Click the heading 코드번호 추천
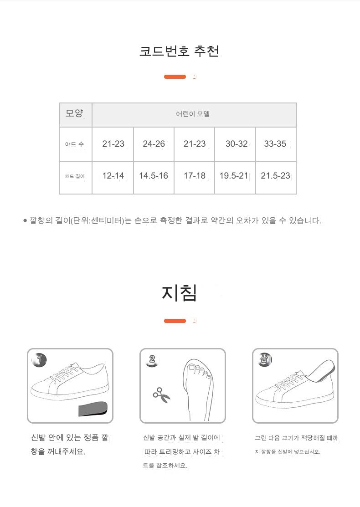click(179, 51)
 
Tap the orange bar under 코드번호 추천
click(175, 77)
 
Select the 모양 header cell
click(75, 115)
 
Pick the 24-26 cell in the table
click(154, 144)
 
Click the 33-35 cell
click(275, 144)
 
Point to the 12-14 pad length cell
click(113, 176)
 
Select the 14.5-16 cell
click(154, 176)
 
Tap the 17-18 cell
click(195, 176)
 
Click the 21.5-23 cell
click(276, 176)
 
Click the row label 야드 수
click(74, 144)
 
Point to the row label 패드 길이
click(75, 176)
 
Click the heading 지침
click(180, 293)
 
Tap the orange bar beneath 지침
click(175, 321)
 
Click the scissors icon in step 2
click(161, 395)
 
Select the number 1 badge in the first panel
click(39, 359)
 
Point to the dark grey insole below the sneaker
click(93, 409)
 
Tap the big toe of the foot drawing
click(191, 368)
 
